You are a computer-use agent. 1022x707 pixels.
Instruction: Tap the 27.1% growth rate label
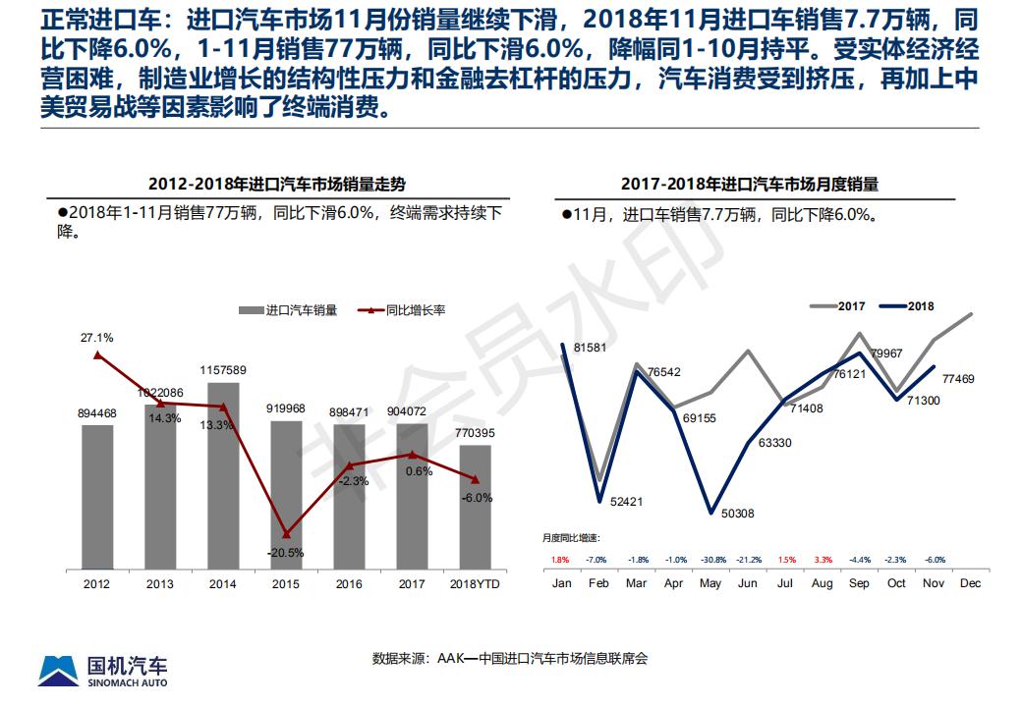(x=97, y=338)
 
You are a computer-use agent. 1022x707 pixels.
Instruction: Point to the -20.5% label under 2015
(x=286, y=552)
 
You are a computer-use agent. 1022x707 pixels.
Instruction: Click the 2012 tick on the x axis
(x=97, y=583)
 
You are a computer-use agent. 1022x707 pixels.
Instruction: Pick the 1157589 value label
(x=223, y=370)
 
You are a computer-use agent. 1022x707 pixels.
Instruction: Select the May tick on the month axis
(x=710, y=583)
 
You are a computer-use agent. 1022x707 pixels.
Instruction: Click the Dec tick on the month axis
(x=971, y=583)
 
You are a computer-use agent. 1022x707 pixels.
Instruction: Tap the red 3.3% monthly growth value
(x=823, y=560)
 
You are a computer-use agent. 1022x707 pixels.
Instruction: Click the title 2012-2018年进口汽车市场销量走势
(x=276, y=184)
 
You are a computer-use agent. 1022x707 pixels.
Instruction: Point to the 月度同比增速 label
(x=571, y=538)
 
